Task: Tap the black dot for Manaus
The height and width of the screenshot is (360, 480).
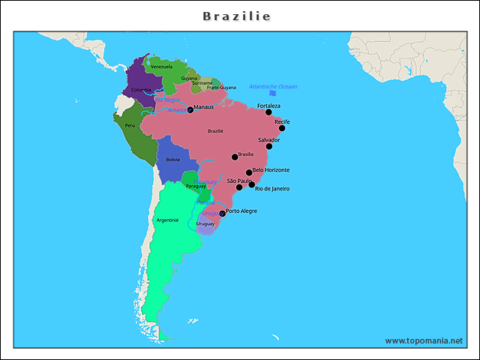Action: (190, 110)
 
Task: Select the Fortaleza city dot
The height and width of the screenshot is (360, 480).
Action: (268, 112)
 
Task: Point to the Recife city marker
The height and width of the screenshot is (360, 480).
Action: (282, 127)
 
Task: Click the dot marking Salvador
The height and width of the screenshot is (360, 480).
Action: (269, 146)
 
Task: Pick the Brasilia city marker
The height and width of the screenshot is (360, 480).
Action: (235, 157)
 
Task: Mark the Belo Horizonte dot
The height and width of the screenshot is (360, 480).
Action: (249, 172)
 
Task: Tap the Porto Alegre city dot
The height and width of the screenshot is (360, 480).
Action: (222, 214)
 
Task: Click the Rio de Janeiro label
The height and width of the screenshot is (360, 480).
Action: (271, 188)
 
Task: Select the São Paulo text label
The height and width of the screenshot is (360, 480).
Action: (238, 181)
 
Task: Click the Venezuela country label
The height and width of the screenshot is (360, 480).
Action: (161, 67)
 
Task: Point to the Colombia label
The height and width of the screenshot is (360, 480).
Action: (141, 90)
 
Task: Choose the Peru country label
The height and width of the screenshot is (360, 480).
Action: (130, 125)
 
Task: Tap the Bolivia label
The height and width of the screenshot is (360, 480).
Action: (172, 160)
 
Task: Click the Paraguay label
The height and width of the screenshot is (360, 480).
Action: (195, 185)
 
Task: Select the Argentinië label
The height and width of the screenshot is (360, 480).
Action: (167, 220)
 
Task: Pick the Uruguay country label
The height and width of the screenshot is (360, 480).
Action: (205, 223)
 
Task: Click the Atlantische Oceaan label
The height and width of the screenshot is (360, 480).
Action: (273, 86)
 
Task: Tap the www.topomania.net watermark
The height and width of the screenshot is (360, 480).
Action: (424, 340)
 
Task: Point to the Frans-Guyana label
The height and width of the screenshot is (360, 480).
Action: (221, 88)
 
